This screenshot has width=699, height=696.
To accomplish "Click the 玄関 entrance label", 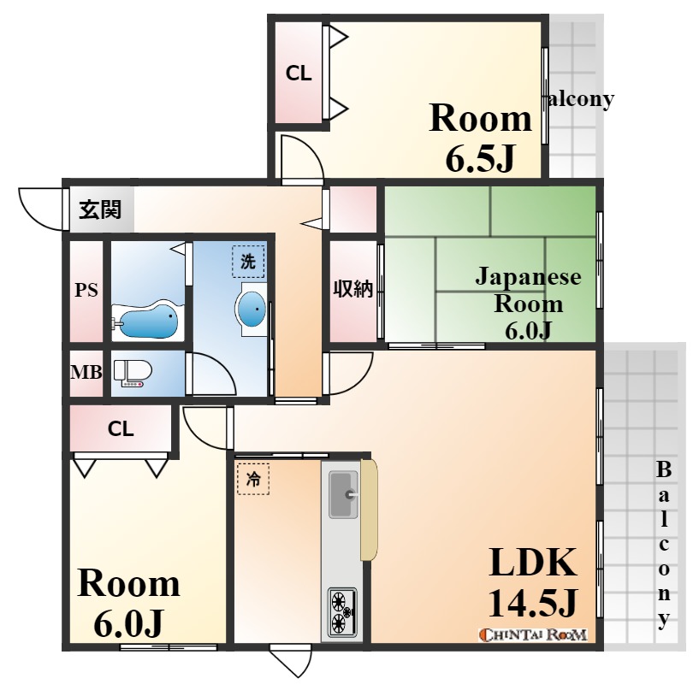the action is coord(100,209).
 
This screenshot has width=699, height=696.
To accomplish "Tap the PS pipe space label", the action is coord(86,291).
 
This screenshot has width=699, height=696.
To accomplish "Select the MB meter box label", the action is coord(86,372).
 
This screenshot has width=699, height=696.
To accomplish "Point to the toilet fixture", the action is coord(133,373).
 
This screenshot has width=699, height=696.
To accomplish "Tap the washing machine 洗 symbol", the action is coord(248,262).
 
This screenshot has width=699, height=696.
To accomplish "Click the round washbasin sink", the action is coord(252,309).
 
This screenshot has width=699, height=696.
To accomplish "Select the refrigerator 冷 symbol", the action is coord(253,479).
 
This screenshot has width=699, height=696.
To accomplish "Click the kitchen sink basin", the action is coord(343,494).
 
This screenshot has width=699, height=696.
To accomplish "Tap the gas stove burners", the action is coord(342,613).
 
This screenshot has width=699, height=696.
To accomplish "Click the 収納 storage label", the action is coord(353,290).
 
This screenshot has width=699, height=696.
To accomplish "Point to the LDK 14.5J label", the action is coord(533,583).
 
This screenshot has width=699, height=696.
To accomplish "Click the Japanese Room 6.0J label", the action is coord(528,304).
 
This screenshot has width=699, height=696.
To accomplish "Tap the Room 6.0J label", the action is coord(128,604).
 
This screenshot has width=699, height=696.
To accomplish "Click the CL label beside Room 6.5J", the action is coord(299,74).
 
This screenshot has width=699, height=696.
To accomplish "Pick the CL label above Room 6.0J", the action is coord(121,429).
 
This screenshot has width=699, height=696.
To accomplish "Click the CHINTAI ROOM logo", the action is coord(533,634).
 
